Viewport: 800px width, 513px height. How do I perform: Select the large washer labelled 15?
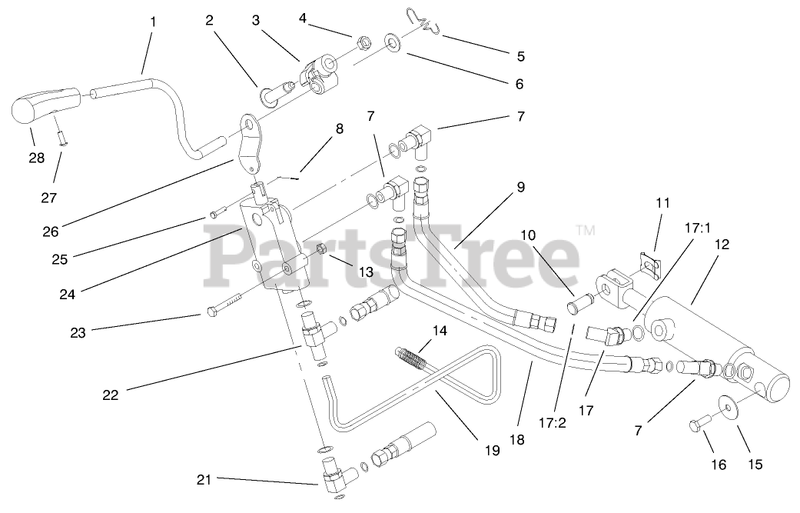(x=725, y=405)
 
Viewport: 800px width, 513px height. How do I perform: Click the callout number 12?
(x=721, y=245)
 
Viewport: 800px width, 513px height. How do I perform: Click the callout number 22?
(x=112, y=396)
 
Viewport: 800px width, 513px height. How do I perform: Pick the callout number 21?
(x=203, y=481)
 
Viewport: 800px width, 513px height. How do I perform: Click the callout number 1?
(x=152, y=22)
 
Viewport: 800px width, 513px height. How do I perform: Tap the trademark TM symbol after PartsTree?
(x=586, y=229)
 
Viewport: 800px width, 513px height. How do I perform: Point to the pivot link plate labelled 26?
(x=250, y=142)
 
